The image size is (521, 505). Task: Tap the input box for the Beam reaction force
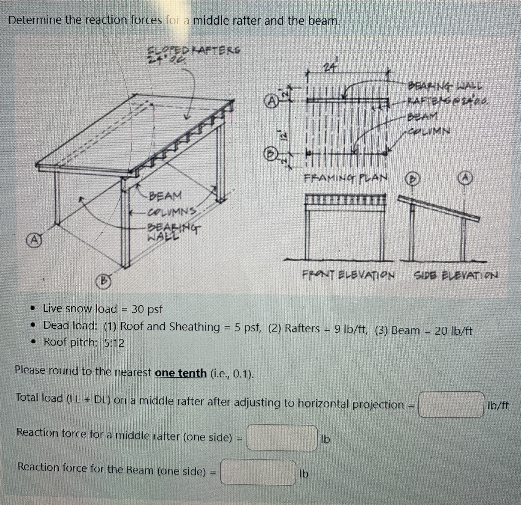(258, 472)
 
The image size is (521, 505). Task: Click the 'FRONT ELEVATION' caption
(348, 274)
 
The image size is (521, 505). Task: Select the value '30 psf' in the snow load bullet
(147, 309)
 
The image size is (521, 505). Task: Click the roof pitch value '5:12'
(114, 343)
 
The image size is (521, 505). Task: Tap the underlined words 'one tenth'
(180, 373)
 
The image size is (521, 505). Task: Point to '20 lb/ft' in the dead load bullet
(453, 331)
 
